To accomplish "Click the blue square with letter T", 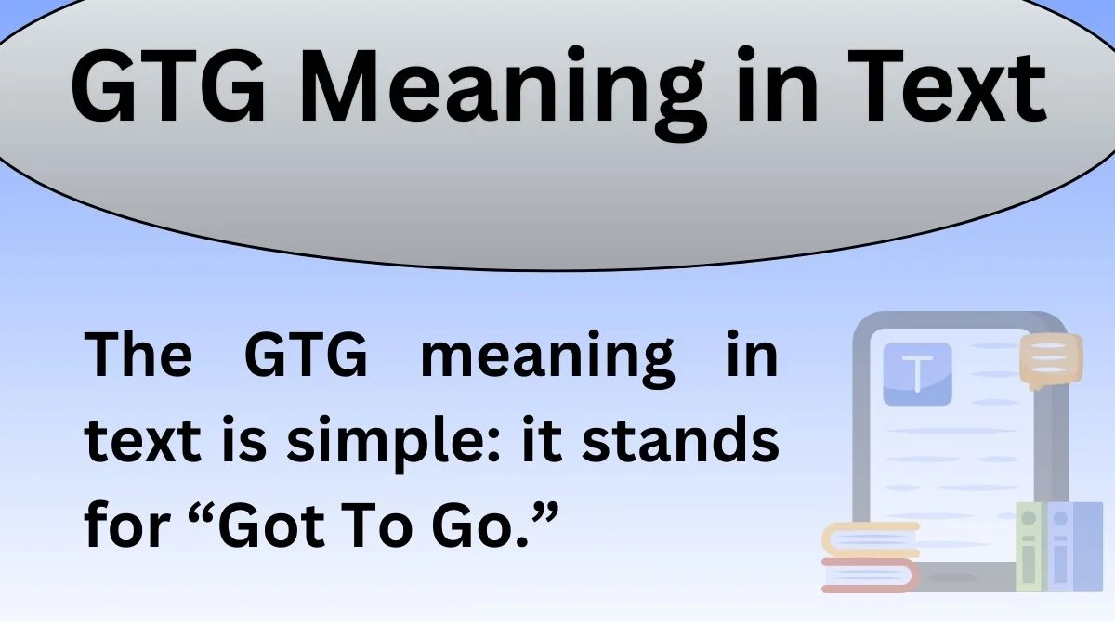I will tap(917, 374).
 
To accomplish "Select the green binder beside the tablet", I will tap(1029, 548).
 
